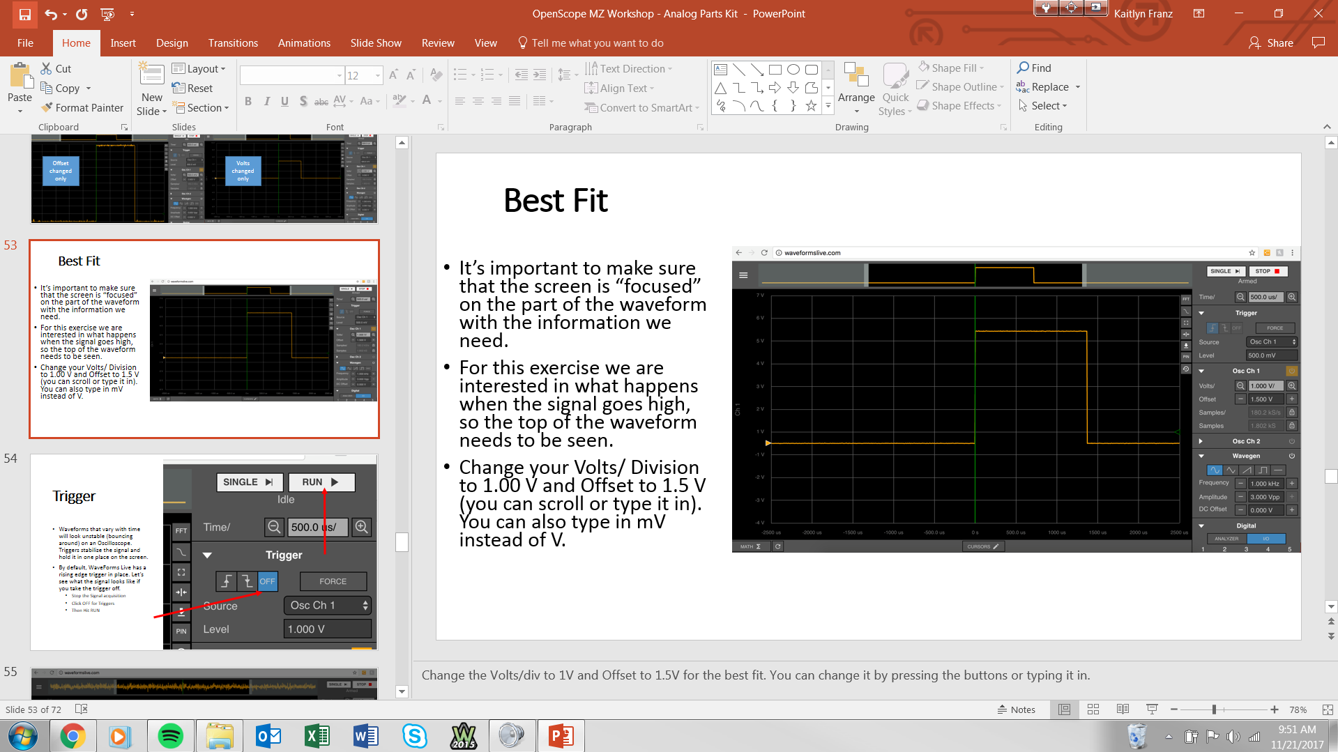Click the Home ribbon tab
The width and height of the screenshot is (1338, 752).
pyautogui.click(x=76, y=43)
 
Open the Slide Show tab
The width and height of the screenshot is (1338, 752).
pyautogui.click(x=376, y=43)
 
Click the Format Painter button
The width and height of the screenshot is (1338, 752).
pyautogui.click(x=82, y=107)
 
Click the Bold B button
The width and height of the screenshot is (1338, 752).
pyautogui.click(x=248, y=102)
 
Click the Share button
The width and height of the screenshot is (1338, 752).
pyautogui.click(x=1272, y=43)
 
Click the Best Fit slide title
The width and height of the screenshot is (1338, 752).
pyautogui.click(x=556, y=201)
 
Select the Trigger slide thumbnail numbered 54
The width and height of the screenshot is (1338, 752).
pyautogui.click(x=204, y=552)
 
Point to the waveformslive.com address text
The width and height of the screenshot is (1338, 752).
pyautogui.click(x=812, y=253)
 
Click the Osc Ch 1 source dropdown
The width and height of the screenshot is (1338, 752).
pyautogui.click(x=1272, y=342)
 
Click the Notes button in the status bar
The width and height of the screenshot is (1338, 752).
pyautogui.click(x=1017, y=709)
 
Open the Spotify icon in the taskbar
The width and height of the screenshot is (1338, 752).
pyautogui.click(x=171, y=736)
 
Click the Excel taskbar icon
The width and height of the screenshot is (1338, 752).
pyautogui.click(x=317, y=736)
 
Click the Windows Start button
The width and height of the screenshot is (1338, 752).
pyautogui.click(x=23, y=736)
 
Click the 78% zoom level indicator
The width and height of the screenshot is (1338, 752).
pyautogui.click(x=1298, y=709)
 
